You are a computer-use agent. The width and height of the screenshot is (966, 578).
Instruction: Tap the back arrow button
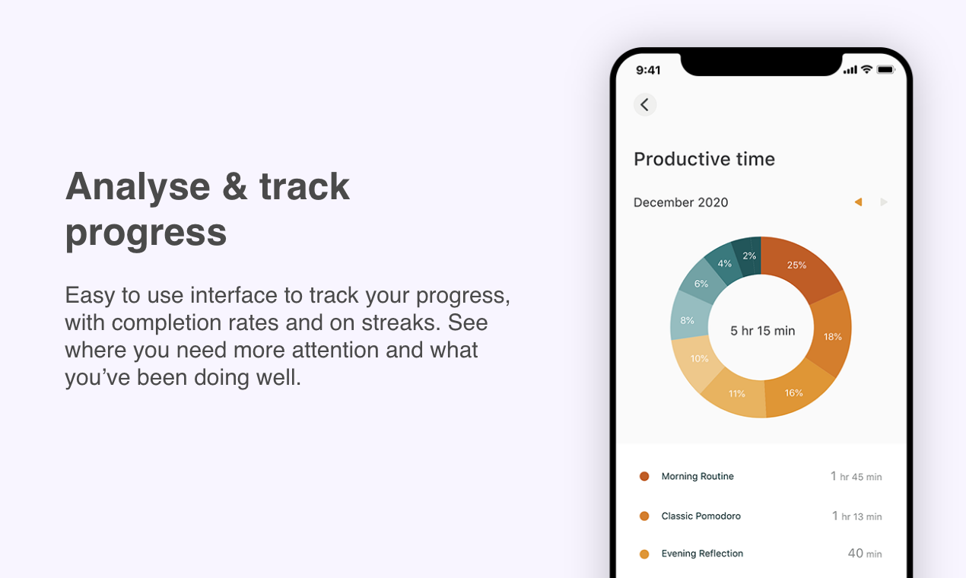645,105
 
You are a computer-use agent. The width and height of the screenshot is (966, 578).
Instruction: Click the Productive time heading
704,159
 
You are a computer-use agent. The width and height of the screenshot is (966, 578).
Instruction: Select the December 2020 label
681,202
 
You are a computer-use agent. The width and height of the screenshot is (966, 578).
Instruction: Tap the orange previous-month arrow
858,202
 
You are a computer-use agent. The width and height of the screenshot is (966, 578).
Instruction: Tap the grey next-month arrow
884,202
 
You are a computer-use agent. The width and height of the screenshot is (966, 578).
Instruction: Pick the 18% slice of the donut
830,335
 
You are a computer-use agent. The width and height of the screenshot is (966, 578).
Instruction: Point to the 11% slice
736,392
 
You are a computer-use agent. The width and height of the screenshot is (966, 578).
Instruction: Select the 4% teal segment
723,263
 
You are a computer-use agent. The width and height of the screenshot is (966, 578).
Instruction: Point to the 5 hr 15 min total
762,331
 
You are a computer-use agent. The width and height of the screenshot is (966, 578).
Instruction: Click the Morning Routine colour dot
644,476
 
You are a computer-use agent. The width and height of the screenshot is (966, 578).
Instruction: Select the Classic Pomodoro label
701,516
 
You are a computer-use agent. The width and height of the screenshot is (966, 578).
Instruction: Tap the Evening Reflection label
702,554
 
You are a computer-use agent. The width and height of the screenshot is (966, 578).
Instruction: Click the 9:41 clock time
648,70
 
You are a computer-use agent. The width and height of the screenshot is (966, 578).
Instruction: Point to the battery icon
886,70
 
